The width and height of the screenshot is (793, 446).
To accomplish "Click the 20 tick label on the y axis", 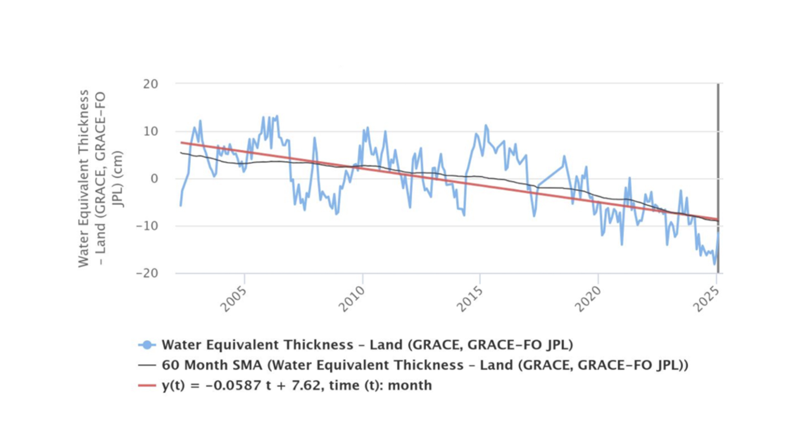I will tap(151, 84).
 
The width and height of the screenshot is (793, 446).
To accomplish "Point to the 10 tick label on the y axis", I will tap(151, 131).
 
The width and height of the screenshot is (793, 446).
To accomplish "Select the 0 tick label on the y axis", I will tap(154, 179).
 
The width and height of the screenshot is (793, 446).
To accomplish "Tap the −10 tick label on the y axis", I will tap(147, 226).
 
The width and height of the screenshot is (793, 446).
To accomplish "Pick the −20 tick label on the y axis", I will tap(147, 273).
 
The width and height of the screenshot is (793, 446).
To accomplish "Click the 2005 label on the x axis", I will tap(234, 299).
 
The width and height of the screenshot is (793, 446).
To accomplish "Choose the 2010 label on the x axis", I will tap(352, 299).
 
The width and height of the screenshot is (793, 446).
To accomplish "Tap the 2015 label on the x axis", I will tap(470, 299).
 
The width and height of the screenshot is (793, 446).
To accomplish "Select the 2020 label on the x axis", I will tap(588, 299).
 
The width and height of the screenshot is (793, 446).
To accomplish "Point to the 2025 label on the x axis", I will tap(706, 299).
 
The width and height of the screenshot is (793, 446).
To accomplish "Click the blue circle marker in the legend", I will tap(147, 345).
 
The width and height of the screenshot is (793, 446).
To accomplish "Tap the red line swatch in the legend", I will tap(147, 385).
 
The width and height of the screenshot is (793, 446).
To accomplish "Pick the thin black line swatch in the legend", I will tap(147, 365).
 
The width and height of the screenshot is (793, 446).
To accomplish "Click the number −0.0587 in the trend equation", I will tap(233, 385).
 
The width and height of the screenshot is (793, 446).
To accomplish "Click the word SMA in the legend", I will tap(246, 365).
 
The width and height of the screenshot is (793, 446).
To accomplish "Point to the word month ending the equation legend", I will tap(410, 385).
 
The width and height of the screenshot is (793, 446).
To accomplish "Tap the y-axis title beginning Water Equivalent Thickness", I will tap(84, 178).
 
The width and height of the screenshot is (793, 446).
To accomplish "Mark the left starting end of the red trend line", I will tap(181, 142).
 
